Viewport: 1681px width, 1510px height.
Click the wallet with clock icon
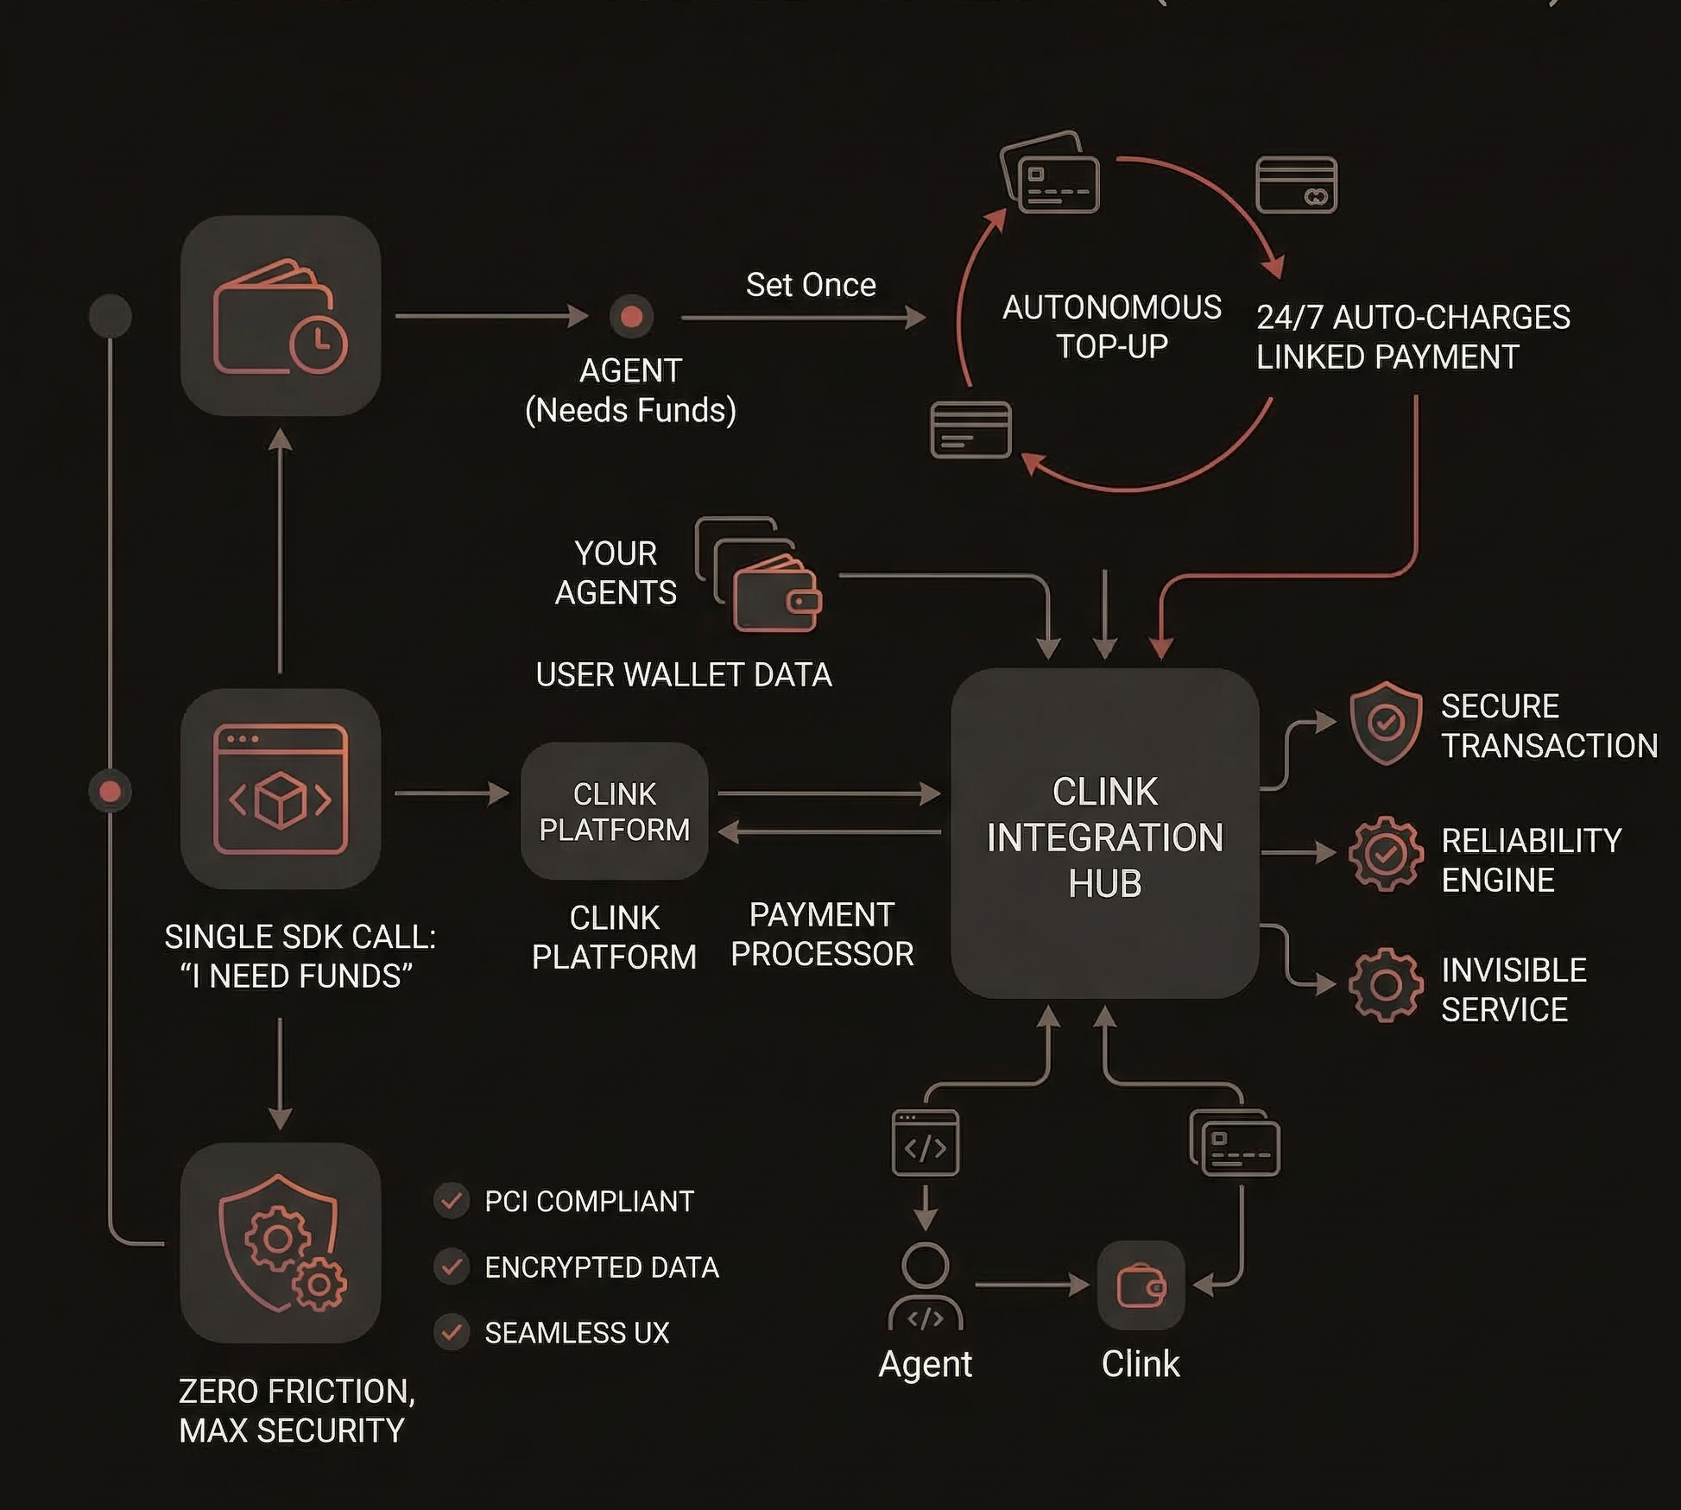tap(281, 316)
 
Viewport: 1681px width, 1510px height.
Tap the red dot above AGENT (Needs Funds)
tap(631, 317)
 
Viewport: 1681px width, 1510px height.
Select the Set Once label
tap(810, 285)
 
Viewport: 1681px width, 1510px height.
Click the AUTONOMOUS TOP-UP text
tap(1111, 326)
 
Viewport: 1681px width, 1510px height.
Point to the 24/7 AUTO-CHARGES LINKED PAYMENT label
tap(1412, 337)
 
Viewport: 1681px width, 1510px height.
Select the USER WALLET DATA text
tap(683, 674)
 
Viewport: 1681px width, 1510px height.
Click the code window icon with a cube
tap(281, 789)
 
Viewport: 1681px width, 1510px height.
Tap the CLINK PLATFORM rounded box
tap(614, 811)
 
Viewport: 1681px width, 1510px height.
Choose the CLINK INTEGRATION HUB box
tap(1104, 834)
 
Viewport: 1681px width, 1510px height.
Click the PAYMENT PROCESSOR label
tap(821, 934)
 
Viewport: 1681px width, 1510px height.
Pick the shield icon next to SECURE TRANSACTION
tap(1385, 723)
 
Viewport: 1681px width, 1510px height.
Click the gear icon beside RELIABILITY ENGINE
tap(1385, 854)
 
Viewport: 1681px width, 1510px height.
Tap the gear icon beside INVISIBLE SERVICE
tap(1385, 984)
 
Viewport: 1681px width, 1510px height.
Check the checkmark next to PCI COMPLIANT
tap(451, 1200)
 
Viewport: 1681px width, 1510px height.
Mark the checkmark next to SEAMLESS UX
tap(451, 1332)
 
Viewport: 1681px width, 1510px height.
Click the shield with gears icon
tap(281, 1242)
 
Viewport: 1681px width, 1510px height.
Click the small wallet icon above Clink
tap(1141, 1286)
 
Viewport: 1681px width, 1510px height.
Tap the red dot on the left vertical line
tap(111, 792)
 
